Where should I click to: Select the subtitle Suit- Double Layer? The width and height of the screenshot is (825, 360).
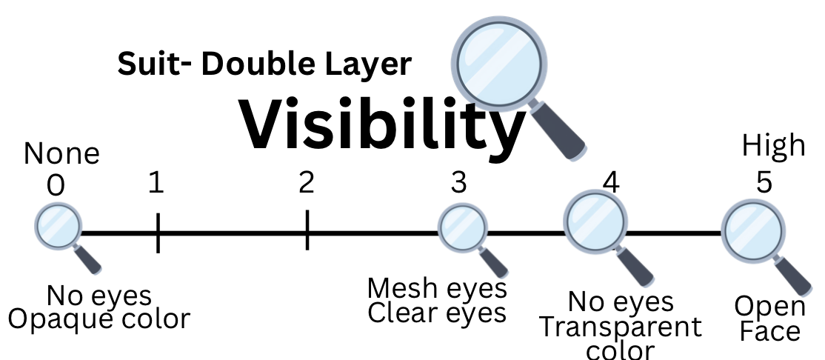tap(264, 64)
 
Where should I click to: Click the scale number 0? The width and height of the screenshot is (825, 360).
tap(55, 186)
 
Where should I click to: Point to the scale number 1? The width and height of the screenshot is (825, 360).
tap(156, 182)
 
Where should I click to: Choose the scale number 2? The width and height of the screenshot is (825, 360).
tap(306, 182)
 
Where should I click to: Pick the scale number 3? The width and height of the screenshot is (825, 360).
tap(459, 182)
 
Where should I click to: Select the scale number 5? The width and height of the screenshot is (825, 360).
tap(764, 182)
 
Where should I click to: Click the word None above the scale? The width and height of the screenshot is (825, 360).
tap(61, 154)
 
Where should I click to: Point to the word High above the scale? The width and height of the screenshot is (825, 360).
tap(774, 145)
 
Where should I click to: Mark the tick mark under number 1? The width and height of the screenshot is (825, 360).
tap(158, 233)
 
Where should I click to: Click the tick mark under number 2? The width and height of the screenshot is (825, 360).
tap(307, 231)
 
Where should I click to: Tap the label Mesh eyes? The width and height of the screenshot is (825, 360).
tap(437, 287)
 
